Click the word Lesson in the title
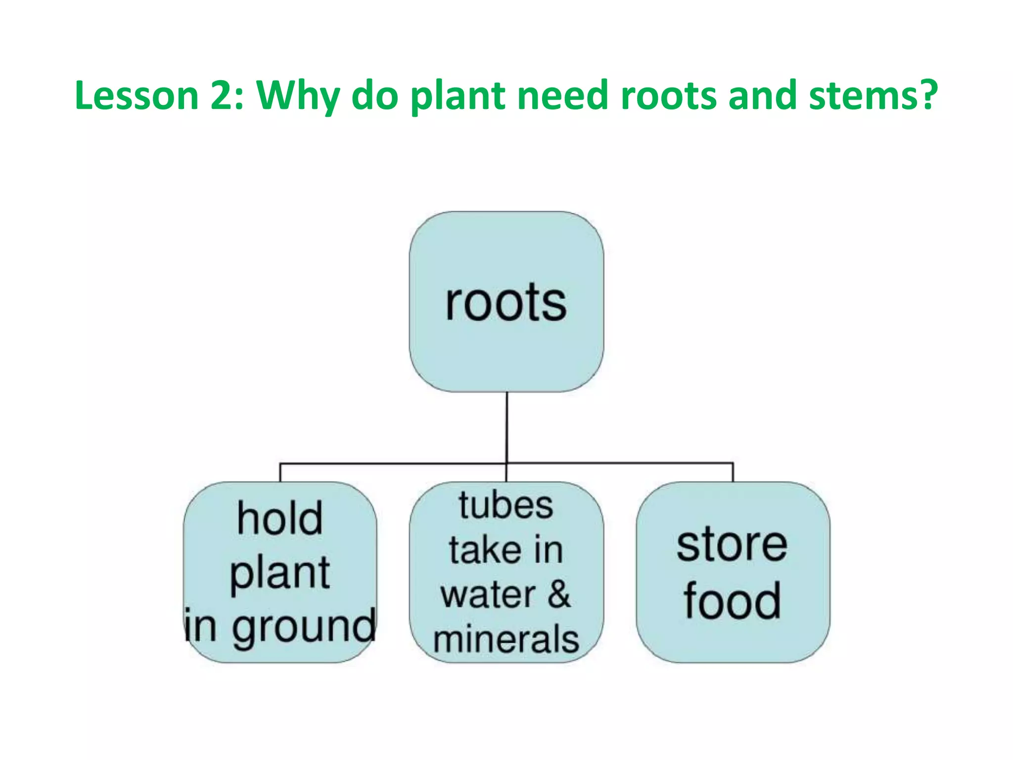(x=137, y=95)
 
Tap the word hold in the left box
(x=280, y=518)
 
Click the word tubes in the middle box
(x=506, y=506)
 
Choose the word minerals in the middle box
(x=506, y=639)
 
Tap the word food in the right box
(x=732, y=601)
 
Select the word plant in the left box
(x=280, y=573)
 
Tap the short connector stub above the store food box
(x=733, y=473)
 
